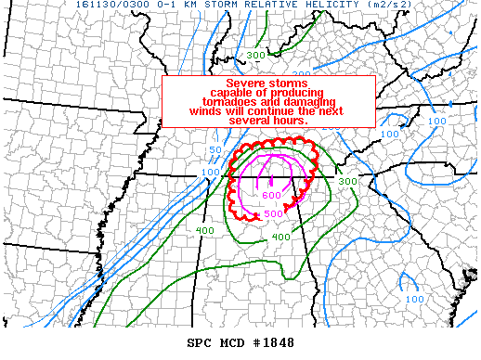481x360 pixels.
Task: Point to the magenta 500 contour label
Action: point(274,214)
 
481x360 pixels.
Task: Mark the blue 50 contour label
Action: point(214,150)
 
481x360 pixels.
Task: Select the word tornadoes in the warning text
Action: point(239,101)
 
